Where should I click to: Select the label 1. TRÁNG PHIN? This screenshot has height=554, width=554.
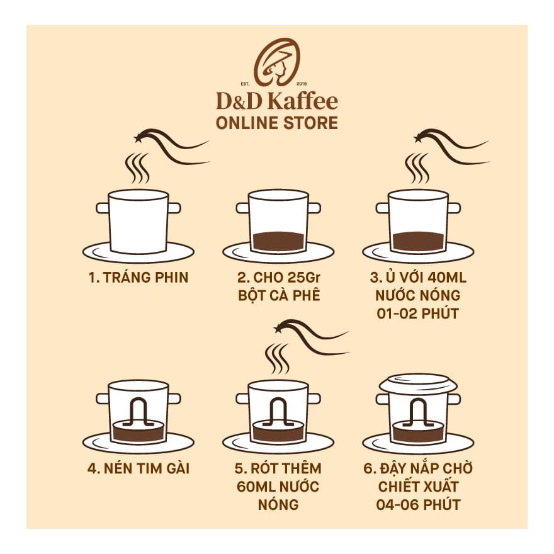pos(138,278)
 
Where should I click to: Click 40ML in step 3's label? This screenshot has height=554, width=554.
pos(445,278)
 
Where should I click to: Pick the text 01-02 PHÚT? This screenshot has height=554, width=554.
pos(417,313)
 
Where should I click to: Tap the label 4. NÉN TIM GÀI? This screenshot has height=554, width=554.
pos(138,469)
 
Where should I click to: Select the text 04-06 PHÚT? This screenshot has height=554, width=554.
pos(417,504)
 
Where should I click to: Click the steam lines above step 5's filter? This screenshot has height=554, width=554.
pos(277,358)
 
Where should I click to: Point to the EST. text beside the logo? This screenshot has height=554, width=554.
pos(246,83)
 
